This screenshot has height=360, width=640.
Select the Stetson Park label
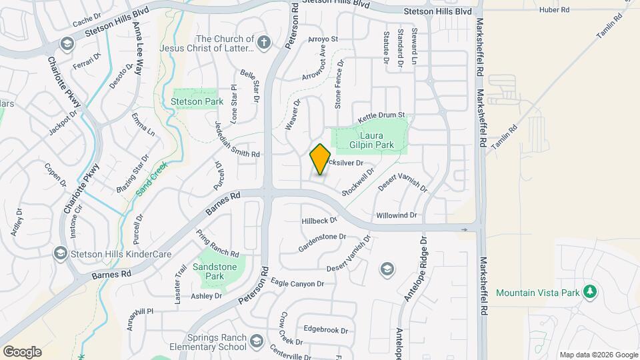187,102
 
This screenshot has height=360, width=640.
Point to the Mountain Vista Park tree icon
589,292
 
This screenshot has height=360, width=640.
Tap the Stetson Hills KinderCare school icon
61,254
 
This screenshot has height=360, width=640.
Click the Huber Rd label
555,10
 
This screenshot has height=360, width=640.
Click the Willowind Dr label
396,215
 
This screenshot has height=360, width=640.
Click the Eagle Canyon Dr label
297,283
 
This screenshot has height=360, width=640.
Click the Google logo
22,351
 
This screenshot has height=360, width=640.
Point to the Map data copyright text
598,355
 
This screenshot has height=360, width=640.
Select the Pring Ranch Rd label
217,244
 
